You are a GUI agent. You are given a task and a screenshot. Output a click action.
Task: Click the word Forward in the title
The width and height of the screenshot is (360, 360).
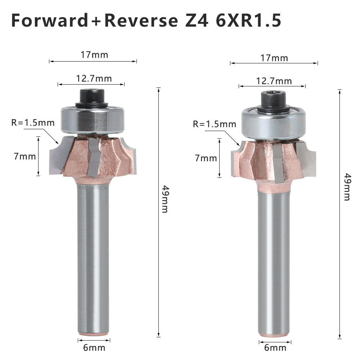pos(49,21)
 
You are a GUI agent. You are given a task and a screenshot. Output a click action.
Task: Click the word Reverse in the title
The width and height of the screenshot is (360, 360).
pos(141,21)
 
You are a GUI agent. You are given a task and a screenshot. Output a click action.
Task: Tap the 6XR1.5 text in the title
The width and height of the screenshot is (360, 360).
pos(248,21)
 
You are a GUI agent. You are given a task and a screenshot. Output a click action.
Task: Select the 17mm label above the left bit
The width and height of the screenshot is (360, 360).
pos(94,55)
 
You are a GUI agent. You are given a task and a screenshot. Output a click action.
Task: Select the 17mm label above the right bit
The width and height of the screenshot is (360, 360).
pos(274,58)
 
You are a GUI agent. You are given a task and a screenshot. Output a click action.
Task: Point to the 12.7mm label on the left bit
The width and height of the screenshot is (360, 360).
pos(94,78)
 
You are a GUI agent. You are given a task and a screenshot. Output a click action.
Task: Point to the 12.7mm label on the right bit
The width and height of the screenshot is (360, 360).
pos(274,81)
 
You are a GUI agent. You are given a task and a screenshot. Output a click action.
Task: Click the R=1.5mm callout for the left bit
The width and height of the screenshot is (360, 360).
pos(33,123)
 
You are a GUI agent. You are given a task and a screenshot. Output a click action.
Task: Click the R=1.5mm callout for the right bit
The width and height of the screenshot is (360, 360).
pos(215,124)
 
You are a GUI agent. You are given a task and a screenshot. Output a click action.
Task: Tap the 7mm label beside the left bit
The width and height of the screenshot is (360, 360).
pos(25,157)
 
